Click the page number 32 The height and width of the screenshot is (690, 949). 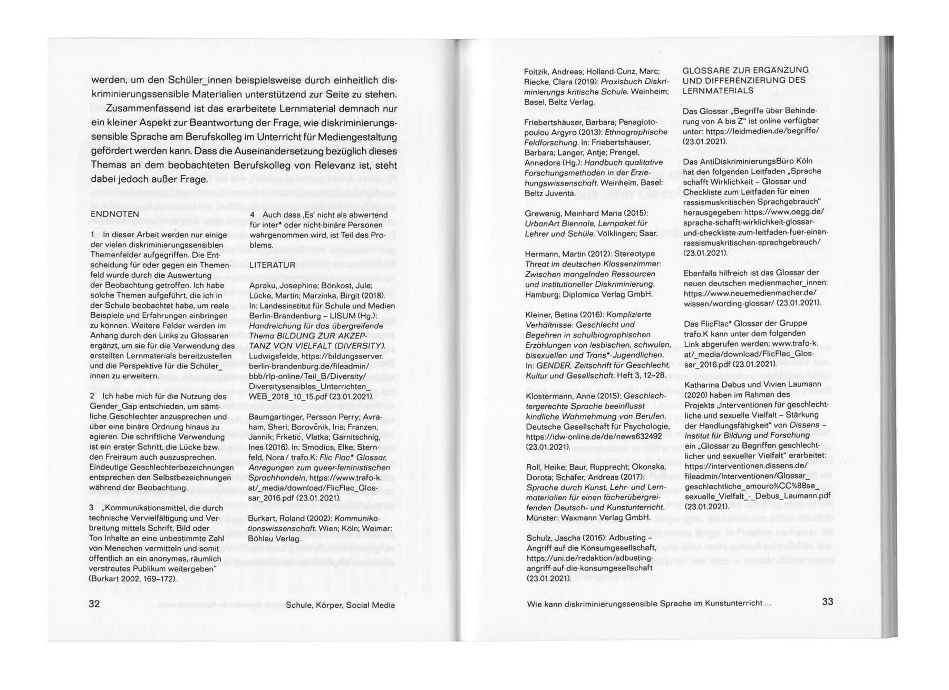coord(94,604)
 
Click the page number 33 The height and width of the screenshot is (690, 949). coord(827,602)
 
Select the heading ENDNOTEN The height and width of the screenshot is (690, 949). coord(114,215)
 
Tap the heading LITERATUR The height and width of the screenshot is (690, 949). coord(272,265)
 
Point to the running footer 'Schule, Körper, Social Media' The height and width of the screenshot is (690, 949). coord(340,605)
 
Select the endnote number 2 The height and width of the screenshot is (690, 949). coord(92,396)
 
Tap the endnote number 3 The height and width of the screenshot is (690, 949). coord(92,508)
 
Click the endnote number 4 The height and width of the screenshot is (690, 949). coord(252,215)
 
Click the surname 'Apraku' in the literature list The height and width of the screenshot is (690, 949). coord(263,286)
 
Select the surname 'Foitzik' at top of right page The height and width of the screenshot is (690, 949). coord(538,72)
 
